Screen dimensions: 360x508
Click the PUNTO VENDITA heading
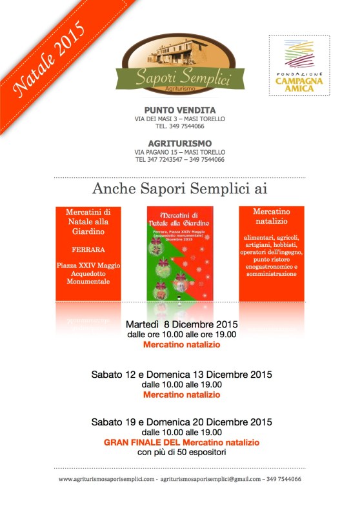179,110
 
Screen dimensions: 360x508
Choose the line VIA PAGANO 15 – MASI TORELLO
180,151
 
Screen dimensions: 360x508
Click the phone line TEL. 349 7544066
180,128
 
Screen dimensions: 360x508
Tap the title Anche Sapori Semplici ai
179,188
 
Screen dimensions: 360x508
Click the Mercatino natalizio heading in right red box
271,217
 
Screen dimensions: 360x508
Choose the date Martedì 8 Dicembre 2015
181,324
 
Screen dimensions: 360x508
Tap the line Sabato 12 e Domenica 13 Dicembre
181,375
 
